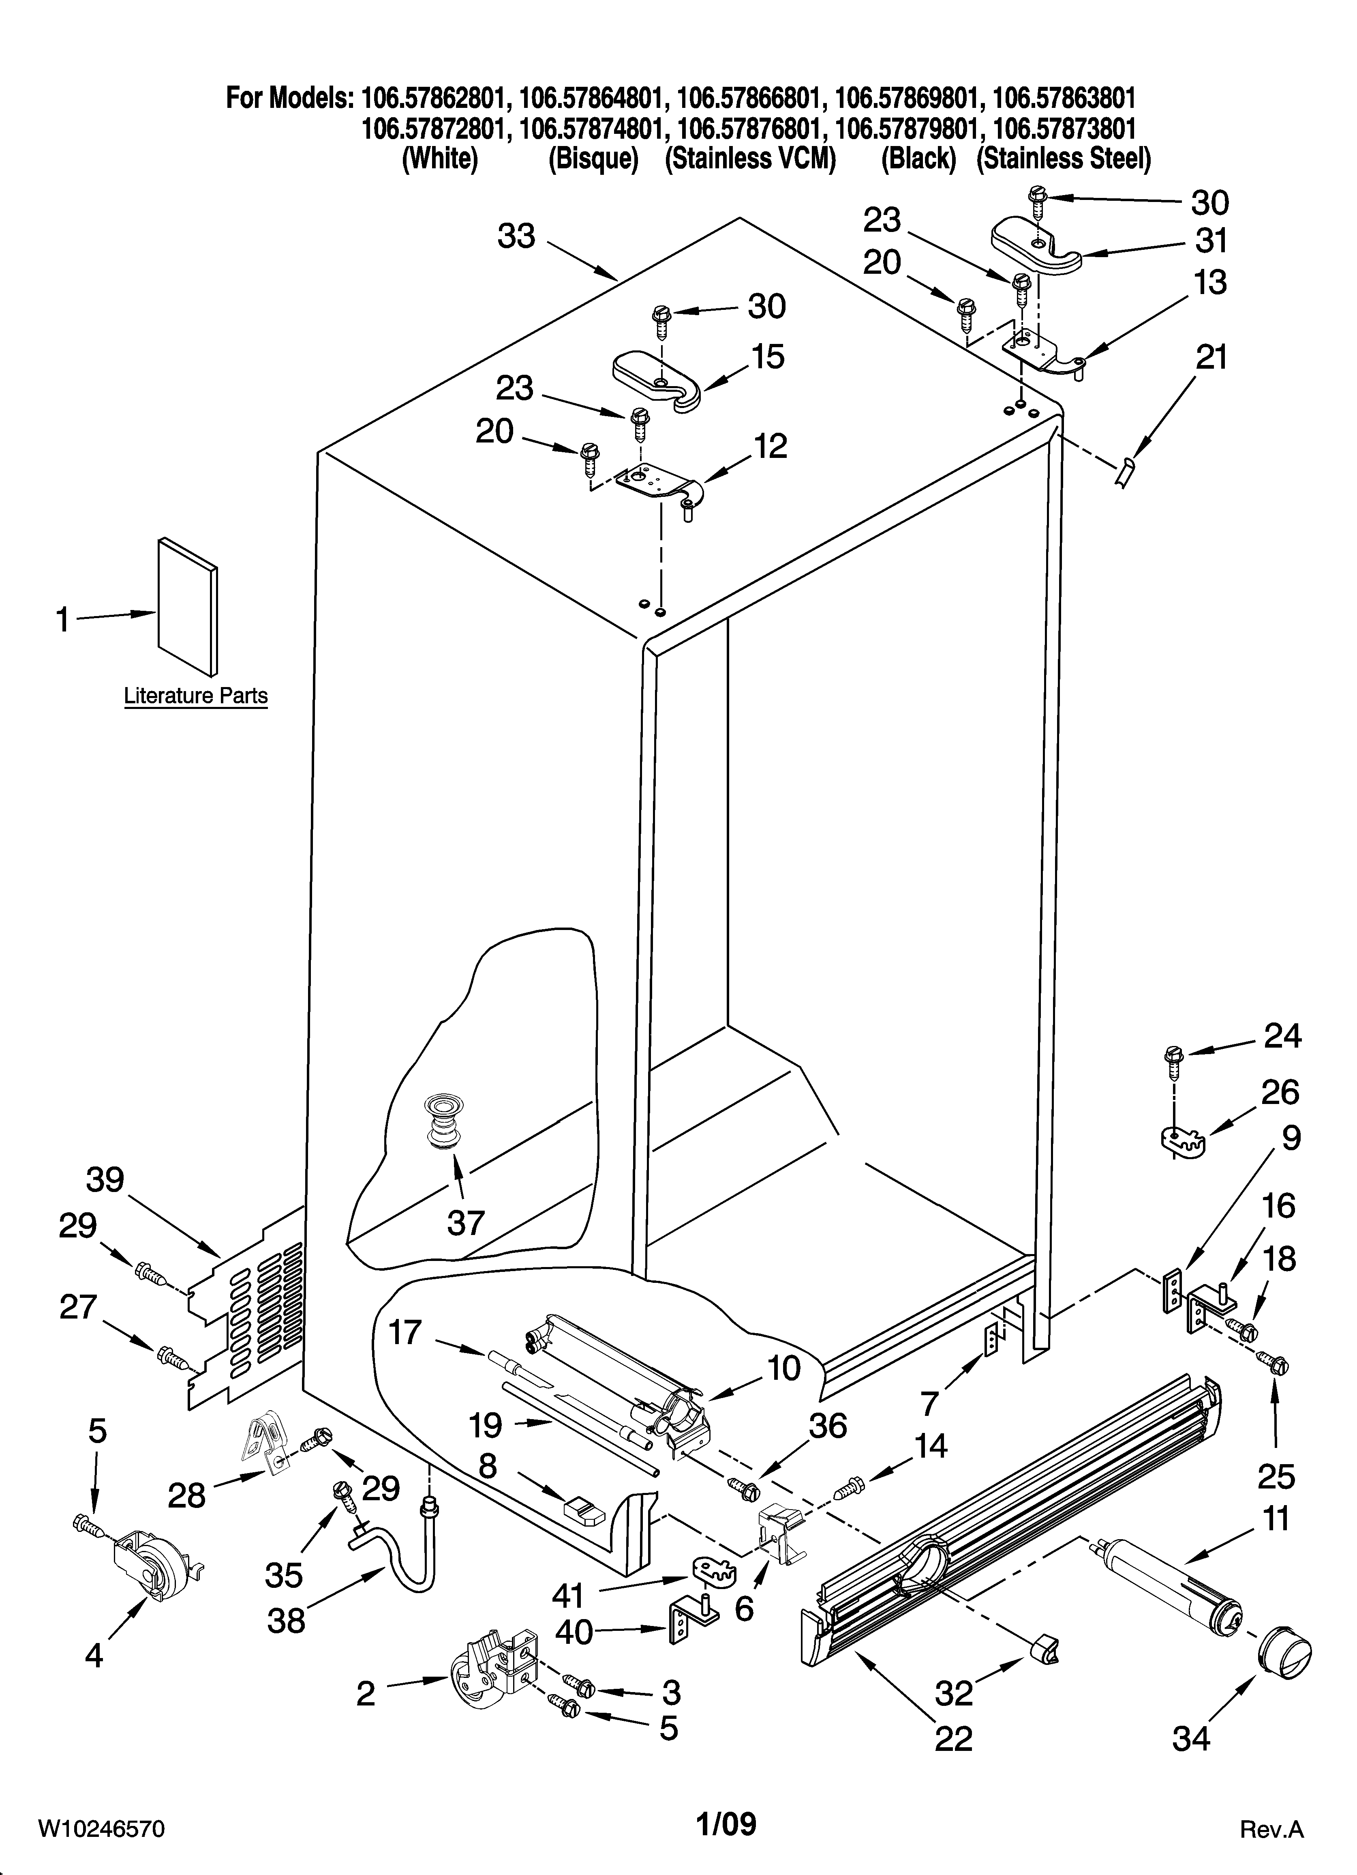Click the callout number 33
[516, 237]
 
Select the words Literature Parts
[196, 696]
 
